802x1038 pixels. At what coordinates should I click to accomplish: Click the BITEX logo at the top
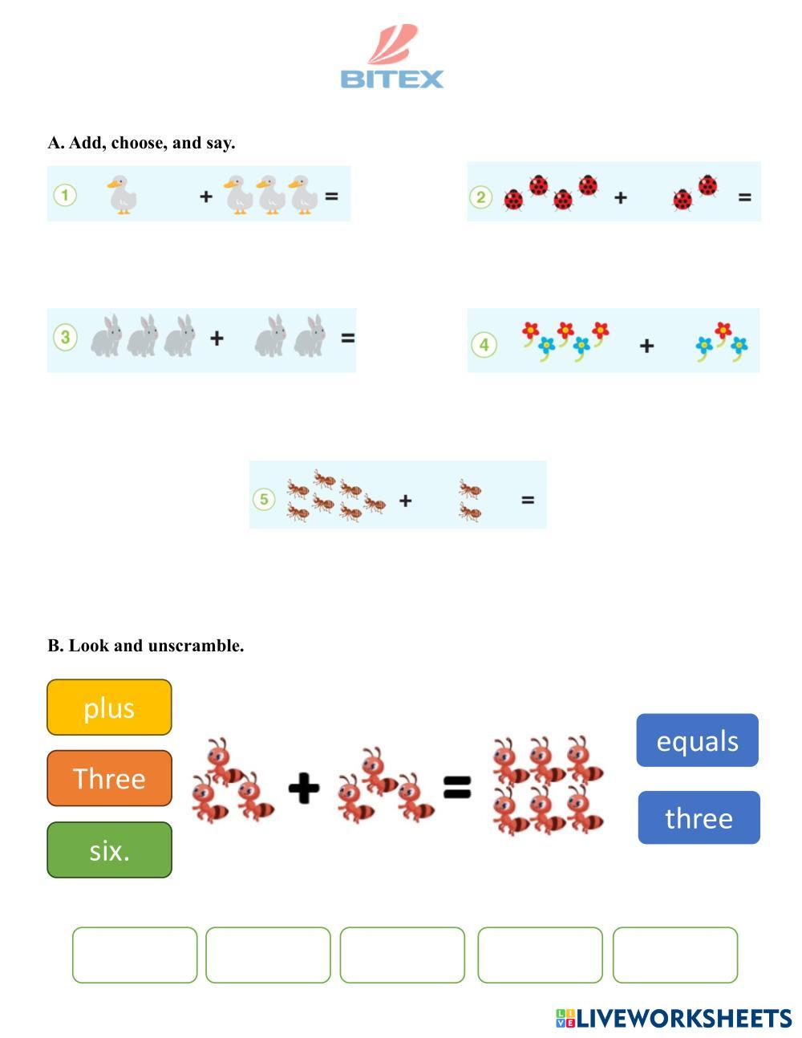tap(391, 58)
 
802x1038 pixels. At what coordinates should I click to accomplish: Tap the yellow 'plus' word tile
tap(109, 708)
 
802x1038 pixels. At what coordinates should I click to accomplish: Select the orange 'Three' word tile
tap(109, 778)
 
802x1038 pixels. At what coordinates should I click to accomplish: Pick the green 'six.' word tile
tap(109, 849)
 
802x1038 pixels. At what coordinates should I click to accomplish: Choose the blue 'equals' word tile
tap(697, 740)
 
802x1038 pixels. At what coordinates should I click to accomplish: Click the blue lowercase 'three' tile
tap(699, 817)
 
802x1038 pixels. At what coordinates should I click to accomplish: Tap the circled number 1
tap(65, 195)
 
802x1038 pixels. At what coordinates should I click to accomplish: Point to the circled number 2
tap(480, 197)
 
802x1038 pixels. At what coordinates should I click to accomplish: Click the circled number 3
tap(65, 338)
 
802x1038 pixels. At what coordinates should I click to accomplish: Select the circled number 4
tap(484, 345)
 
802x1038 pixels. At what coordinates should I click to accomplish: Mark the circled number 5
tap(264, 500)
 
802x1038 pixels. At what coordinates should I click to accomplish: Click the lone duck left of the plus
tap(120, 195)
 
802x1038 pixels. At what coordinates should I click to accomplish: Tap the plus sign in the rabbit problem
tap(217, 339)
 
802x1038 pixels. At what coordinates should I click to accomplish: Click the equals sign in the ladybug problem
tap(744, 197)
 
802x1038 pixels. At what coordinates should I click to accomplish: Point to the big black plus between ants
tap(304, 788)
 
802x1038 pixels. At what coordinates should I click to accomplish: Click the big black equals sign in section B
tap(457, 788)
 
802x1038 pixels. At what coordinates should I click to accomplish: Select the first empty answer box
tap(135, 955)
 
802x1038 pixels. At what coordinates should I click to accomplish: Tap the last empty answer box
tap(675, 955)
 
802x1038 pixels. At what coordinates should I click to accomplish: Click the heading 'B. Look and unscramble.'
tap(146, 646)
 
